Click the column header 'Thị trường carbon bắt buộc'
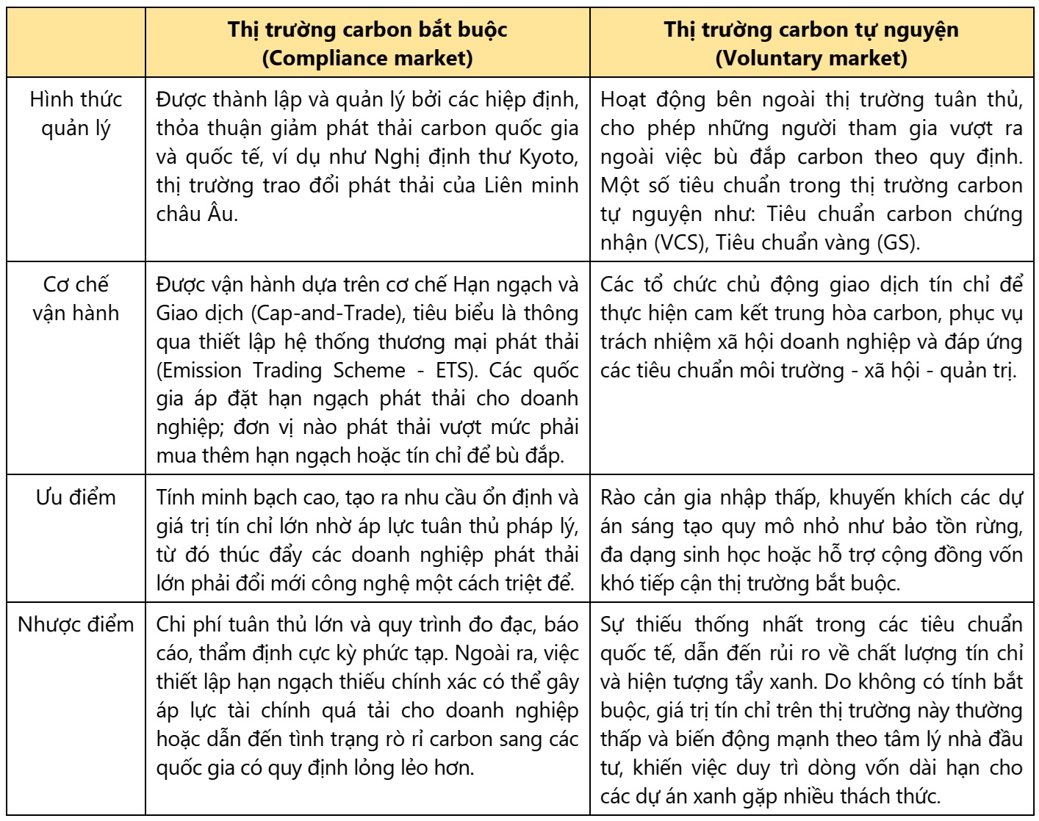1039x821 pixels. pos(367,30)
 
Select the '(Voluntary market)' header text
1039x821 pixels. pos(811,58)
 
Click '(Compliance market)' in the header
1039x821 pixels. pos(367,58)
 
